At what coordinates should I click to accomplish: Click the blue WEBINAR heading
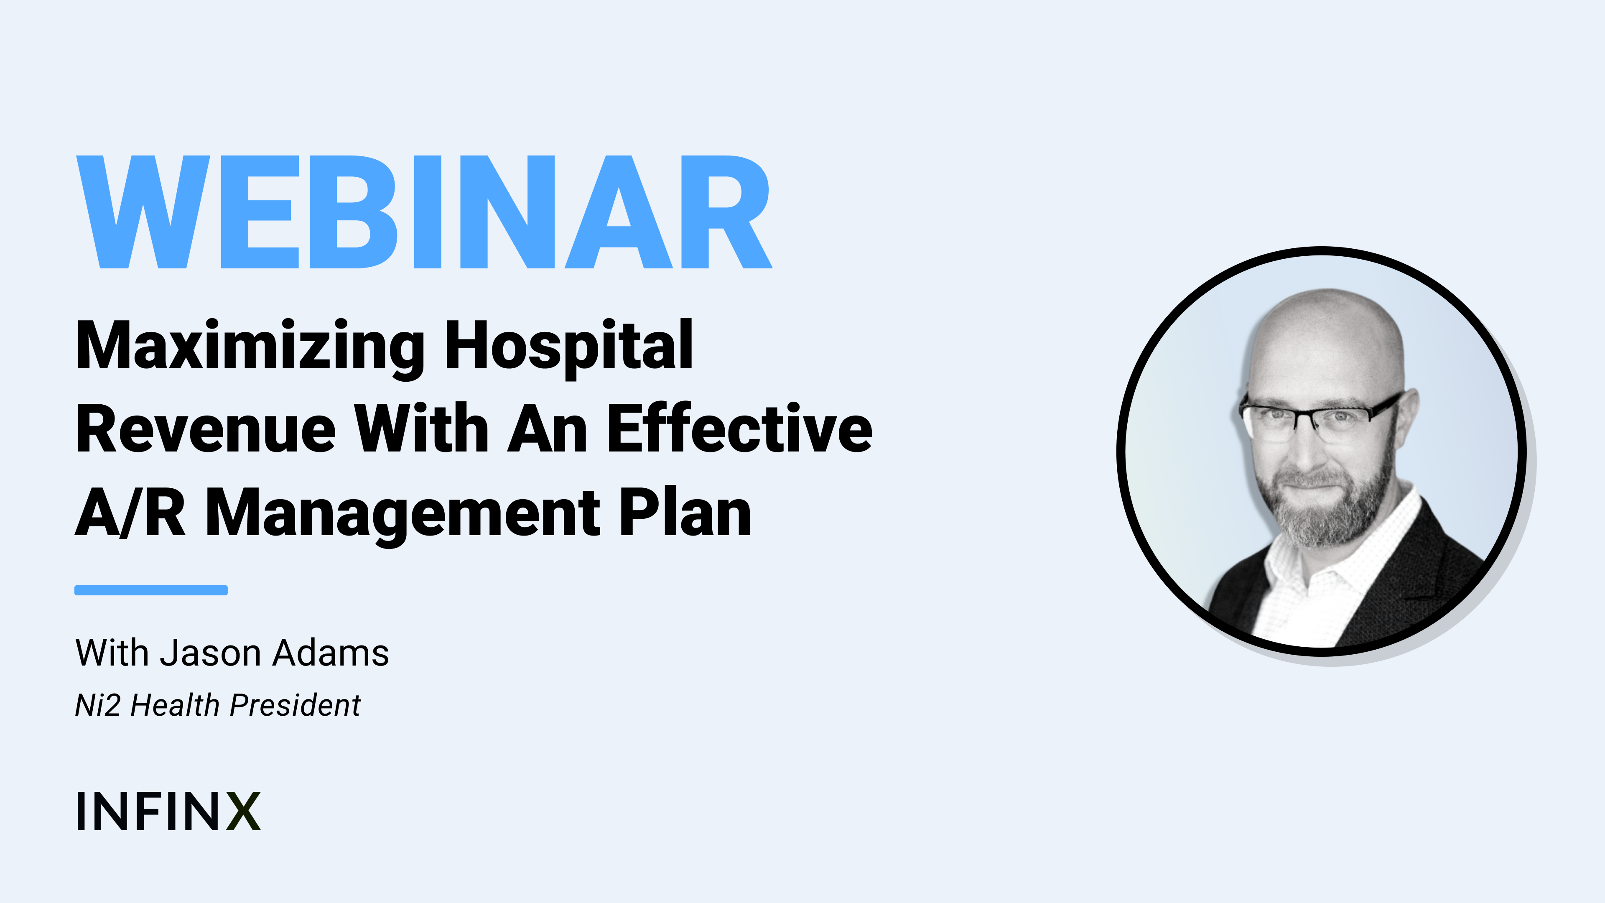(424, 212)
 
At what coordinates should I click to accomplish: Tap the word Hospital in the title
(569, 347)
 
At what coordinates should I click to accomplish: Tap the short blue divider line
(151, 590)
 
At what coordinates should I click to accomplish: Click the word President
(295, 705)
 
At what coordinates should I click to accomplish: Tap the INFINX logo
(168, 811)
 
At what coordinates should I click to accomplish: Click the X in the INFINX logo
(243, 811)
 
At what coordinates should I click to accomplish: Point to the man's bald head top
(1327, 318)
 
